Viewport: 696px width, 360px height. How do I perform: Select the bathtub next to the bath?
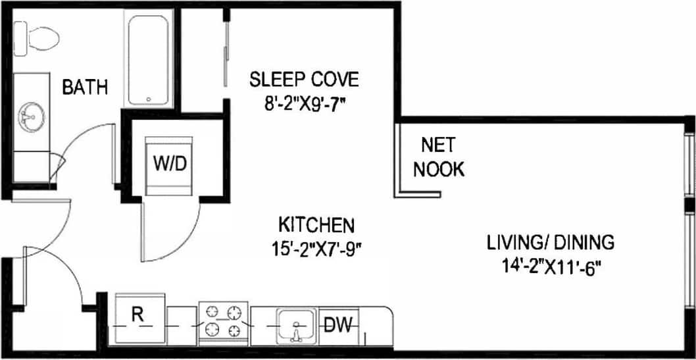[x=149, y=60]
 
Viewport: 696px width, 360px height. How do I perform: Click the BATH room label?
[x=85, y=88]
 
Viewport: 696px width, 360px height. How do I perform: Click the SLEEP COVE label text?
[x=304, y=80]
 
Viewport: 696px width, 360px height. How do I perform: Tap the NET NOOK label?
[x=438, y=157]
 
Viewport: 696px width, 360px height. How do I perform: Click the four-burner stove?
[x=223, y=321]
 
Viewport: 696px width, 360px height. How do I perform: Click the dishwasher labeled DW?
[x=339, y=324]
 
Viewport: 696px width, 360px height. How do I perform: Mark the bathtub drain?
[x=149, y=99]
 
